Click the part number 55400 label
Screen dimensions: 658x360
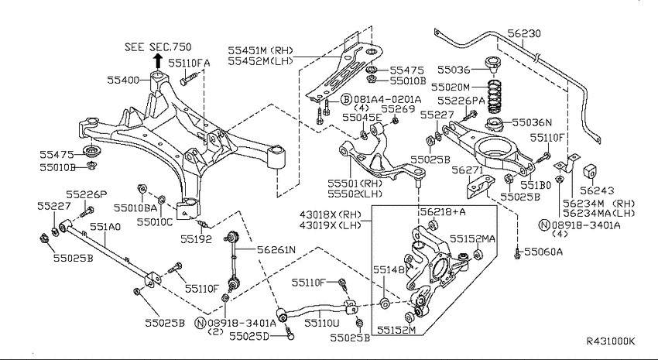point(123,80)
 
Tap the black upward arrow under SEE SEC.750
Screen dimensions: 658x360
point(157,61)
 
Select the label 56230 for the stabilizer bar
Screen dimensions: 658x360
point(524,33)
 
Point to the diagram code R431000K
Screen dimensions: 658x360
point(611,341)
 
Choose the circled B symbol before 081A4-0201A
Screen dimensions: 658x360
point(345,99)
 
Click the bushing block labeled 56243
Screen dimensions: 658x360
point(591,172)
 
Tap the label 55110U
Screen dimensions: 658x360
point(322,323)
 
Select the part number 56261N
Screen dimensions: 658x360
point(276,250)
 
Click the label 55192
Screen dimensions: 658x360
point(197,239)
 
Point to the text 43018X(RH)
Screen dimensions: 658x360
point(331,214)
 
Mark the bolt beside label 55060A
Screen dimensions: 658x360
point(517,252)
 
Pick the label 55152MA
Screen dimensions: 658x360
point(472,238)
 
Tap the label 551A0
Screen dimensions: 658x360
point(105,227)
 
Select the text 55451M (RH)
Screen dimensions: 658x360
point(261,51)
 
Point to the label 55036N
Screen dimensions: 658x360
point(532,122)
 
